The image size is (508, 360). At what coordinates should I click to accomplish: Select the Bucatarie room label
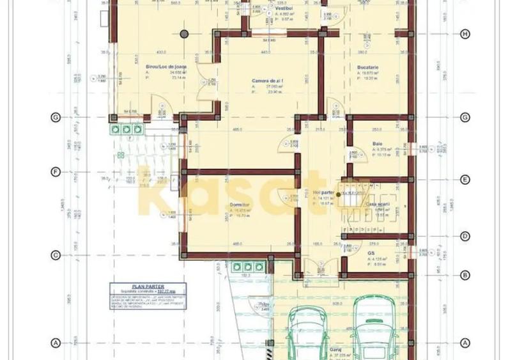click(368, 66)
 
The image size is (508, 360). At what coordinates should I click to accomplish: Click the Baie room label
click(377, 144)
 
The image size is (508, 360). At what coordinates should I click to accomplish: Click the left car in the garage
click(305, 334)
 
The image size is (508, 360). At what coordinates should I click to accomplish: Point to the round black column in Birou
click(184, 33)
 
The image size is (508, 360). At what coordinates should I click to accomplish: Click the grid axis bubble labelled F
click(56, 172)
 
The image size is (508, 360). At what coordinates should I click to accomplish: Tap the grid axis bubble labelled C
click(56, 256)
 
